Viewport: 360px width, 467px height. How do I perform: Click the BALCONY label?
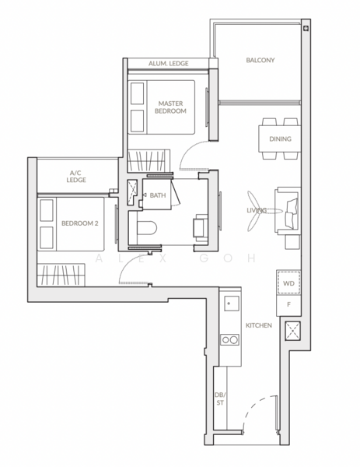tap(260, 60)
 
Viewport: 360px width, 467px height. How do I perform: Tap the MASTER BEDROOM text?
tap(171, 107)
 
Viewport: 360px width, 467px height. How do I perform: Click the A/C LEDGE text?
tap(76, 176)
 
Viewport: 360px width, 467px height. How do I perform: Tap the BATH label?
tap(158, 195)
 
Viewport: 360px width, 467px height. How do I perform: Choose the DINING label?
tap(280, 139)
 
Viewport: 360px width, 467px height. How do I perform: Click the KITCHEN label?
tap(258, 325)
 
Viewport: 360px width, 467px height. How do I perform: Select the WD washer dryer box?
tap(287, 283)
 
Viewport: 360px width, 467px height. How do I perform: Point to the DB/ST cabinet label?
tap(220, 399)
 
